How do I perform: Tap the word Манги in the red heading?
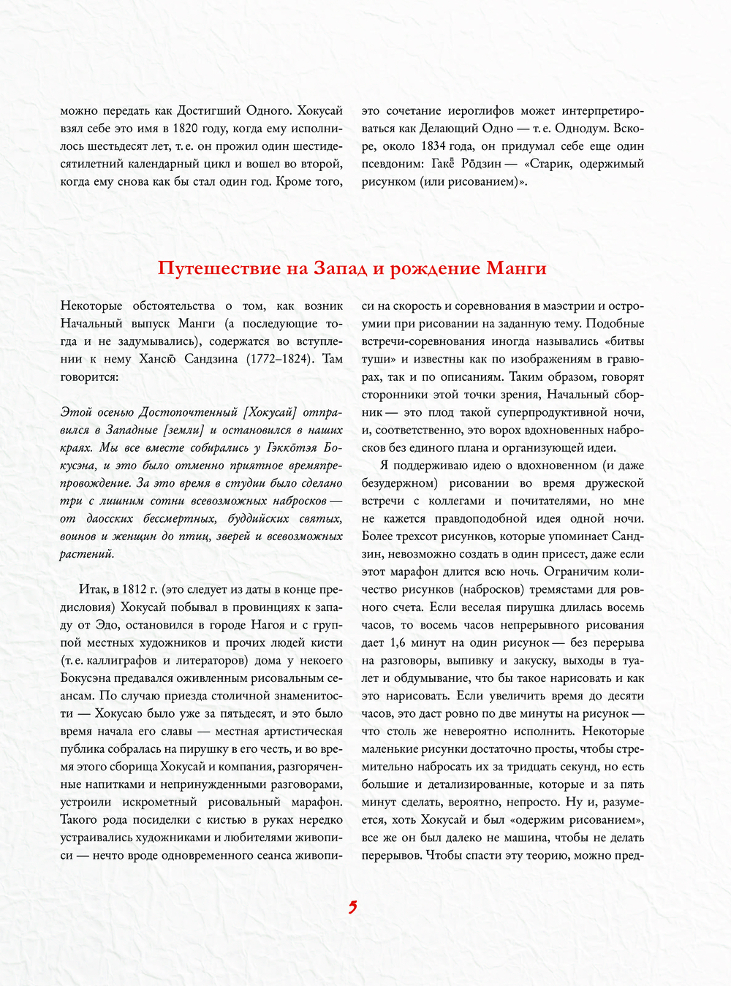click(516, 268)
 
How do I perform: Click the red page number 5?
click(352, 908)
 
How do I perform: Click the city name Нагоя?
click(268, 625)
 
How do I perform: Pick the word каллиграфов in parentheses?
click(117, 660)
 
